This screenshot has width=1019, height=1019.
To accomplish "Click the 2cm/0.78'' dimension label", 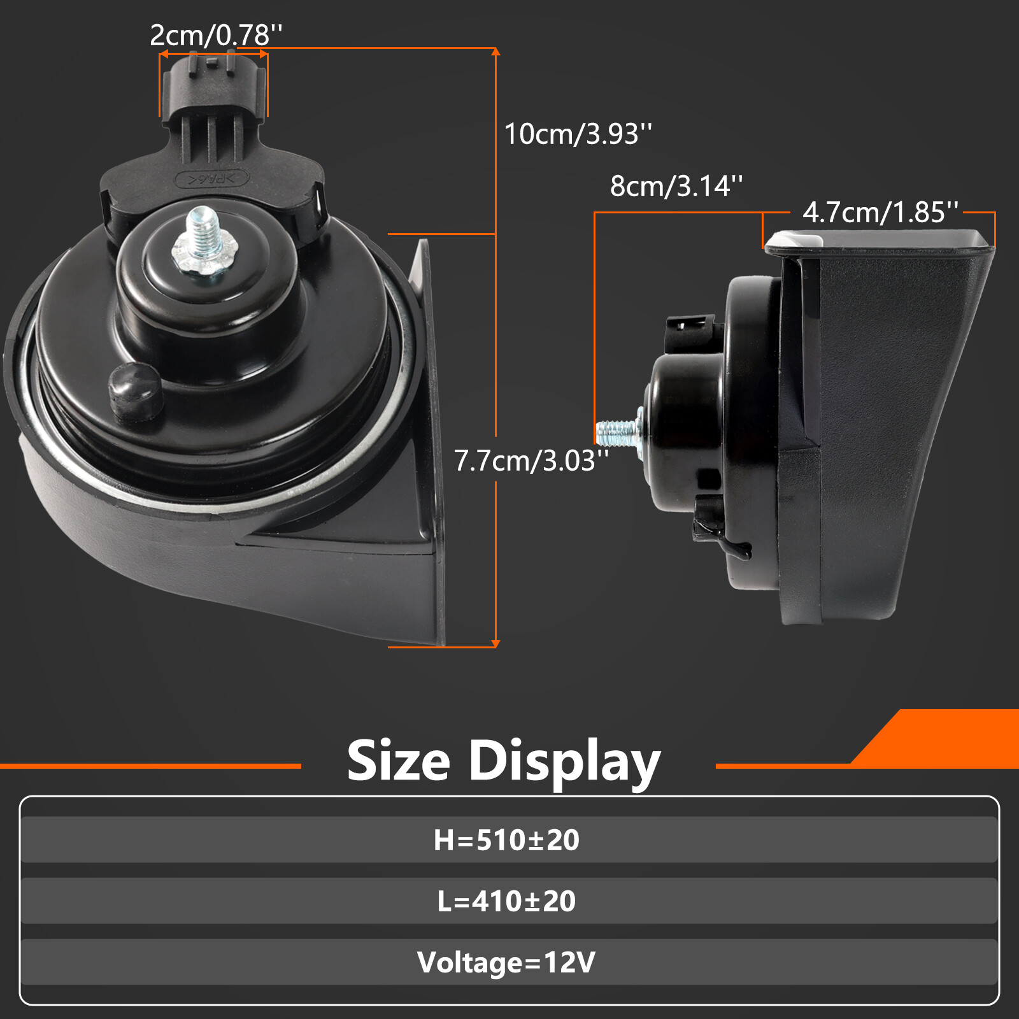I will tap(216, 36).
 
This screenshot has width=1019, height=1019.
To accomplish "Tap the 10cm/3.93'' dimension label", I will tap(578, 134).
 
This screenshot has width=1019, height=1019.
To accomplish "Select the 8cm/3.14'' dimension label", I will tap(676, 187).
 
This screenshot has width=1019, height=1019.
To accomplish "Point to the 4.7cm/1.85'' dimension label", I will tap(880, 213).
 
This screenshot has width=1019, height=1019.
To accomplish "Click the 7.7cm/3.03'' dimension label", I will tap(531, 461).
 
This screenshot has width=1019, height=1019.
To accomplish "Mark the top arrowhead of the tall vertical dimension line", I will tap(495, 51).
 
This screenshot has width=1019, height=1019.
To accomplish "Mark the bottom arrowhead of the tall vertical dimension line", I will tap(495, 644).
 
